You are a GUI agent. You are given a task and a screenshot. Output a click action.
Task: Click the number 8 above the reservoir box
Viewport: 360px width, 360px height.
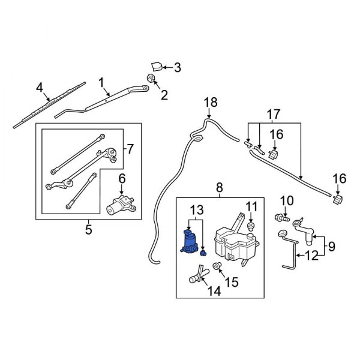[x=219, y=187]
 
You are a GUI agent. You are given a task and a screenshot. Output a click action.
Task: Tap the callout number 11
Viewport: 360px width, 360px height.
[x=252, y=207]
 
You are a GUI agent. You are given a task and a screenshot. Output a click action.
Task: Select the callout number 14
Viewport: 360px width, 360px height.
[x=214, y=292]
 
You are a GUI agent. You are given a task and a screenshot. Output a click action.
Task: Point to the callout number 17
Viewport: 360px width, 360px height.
[x=274, y=113]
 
